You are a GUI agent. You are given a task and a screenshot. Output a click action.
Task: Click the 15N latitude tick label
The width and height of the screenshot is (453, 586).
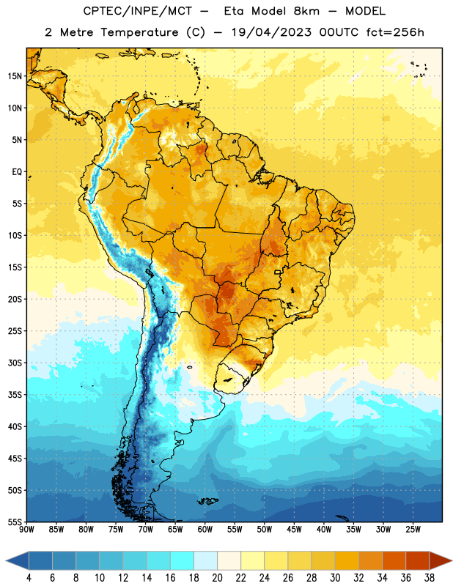coord(15,76)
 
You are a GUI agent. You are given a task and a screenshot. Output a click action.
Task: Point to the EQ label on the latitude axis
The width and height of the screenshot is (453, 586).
coord(17,172)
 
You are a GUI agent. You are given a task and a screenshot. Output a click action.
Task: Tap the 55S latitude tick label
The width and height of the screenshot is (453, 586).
coord(15,522)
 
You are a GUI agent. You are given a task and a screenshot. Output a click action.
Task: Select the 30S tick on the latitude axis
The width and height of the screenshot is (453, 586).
coord(15,363)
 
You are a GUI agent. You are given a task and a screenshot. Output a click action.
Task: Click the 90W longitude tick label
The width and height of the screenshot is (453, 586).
coord(26,529)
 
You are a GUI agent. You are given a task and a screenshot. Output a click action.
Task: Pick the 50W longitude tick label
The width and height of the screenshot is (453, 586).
coord(264,529)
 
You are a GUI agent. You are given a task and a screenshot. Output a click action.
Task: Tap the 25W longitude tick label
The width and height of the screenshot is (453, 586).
coord(413,529)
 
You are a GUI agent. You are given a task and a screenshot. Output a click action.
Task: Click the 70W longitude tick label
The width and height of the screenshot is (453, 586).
coord(146,529)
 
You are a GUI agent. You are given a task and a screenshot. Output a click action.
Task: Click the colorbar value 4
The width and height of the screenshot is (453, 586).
coord(29,578)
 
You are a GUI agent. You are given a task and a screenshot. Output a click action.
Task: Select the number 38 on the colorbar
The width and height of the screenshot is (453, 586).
coord(430,578)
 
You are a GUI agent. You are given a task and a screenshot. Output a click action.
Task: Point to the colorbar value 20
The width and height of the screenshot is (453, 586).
coord(217,578)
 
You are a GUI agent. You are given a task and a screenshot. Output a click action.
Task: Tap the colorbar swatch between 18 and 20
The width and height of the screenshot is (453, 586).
coord(205,561)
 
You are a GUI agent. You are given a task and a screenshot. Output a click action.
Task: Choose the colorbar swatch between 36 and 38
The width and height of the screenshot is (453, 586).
coord(418,561)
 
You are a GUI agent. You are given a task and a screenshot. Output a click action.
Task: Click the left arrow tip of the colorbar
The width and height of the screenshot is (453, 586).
coord(6,561)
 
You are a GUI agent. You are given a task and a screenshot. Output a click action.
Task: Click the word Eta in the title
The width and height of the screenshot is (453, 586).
coord(233,11)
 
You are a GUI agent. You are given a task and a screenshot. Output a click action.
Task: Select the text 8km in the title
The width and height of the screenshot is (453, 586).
coord(306,11)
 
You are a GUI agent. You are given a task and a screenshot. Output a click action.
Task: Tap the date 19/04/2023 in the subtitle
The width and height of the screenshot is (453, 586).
coord(271,32)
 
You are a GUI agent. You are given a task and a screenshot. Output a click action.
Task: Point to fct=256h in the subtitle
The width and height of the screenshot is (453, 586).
coord(395,32)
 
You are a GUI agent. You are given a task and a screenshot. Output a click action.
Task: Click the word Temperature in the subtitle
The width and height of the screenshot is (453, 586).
coord(139,32)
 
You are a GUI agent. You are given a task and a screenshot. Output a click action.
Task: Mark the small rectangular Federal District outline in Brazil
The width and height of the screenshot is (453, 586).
coord(278,272)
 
